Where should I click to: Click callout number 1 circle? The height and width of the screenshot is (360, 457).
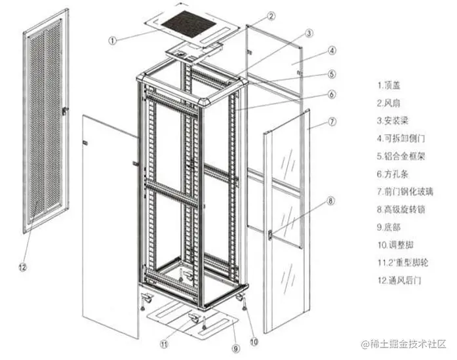[x=113, y=39]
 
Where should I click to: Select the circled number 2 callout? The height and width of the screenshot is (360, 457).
[x=271, y=15]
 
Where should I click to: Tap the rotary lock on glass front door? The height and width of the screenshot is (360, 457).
[x=271, y=233]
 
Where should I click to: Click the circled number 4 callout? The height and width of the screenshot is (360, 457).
[x=332, y=50]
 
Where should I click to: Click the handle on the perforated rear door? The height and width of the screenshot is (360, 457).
[x=64, y=112]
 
